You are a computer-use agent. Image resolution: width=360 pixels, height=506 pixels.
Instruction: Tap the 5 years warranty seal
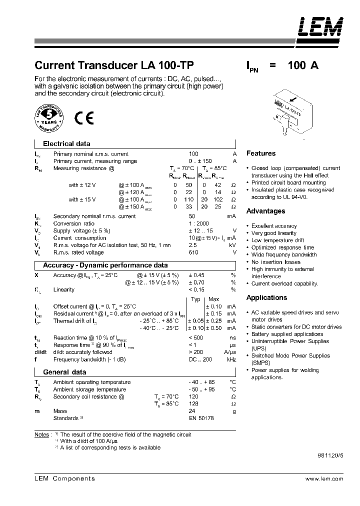(x=49, y=118)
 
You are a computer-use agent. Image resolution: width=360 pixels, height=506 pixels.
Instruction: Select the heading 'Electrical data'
(x=66, y=143)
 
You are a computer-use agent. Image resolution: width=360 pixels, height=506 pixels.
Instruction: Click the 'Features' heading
(x=260, y=153)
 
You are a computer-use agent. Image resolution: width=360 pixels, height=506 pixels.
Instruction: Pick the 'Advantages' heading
(x=265, y=211)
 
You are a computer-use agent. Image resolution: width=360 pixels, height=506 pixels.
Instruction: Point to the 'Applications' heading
(x=266, y=297)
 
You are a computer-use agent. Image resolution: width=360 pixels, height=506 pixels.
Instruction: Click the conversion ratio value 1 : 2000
(x=198, y=223)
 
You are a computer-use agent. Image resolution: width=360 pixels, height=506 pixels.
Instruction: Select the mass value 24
(x=192, y=411)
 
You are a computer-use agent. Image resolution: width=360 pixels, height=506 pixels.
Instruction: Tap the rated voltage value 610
(x=193, y=252)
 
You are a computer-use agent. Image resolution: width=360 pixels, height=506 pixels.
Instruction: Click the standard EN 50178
(x=200, y=418)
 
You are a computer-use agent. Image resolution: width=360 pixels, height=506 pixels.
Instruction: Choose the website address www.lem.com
(x=324, y=478)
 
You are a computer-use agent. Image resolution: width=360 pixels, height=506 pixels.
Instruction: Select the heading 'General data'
(x=64, y=372)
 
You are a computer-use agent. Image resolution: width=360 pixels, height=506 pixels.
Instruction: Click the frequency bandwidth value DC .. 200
(x=200, y=360)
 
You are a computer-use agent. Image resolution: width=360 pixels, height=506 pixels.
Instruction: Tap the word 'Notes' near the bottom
(x=42, y=434)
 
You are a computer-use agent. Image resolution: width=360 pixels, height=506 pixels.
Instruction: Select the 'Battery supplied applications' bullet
(x=287, y=334)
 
